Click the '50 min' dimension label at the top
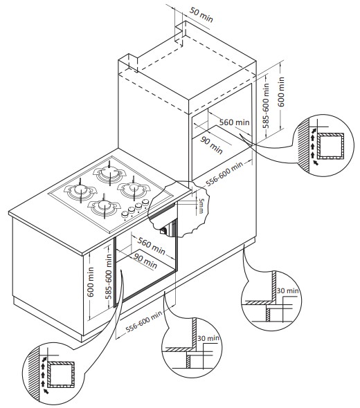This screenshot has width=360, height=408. pyautogui.click(x=201, y=15)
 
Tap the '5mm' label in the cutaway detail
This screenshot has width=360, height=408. pyautogui.click(x=201, y=205)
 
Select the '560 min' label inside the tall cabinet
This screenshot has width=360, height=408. pyautogui.click(x=234, y=122)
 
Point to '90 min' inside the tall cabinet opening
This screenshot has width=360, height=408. pyautogui.click(x=212, y=145)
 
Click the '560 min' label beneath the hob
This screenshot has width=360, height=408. pyautogui.click(x=152, y=245)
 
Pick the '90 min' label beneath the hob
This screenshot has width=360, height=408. pyautogui.click(x=145, y=261)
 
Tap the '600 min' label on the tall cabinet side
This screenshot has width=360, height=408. pyautogui.click(x=281, y=91)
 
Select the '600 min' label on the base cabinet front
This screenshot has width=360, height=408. pyautogui.click(x=91, y=282)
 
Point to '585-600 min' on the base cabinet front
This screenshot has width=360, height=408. pyautogui.click(x=109, y=277)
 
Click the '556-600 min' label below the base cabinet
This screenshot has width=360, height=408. pyautogui.click(x=144, y=322)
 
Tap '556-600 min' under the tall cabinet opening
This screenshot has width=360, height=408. pyautogui.click(x=224, y=174)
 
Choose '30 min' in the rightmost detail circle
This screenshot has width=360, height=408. pyautogui.click(x=287, y=290)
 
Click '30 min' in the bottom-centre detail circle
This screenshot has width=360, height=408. pyautogui.click(x=208, y=338)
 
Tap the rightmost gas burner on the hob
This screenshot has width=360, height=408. pyautogui.click(x=134, y=189)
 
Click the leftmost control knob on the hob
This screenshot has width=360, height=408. pyautogui.click(x=125, y=214)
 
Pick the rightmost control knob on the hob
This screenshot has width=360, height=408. pyautogui.click(x=145, y=202)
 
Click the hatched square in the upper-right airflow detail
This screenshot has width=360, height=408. pyautogui.click(x=330, y=146)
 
